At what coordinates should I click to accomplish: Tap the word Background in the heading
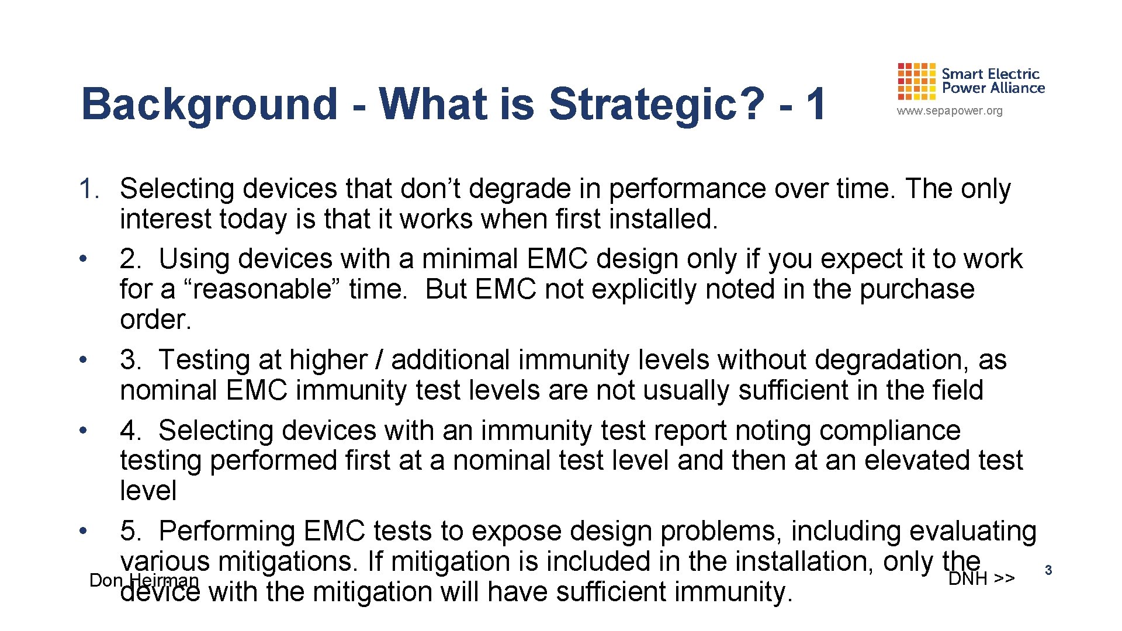click(x=209, y=104)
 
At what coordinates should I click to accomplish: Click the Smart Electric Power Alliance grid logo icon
click(x=916, y=81)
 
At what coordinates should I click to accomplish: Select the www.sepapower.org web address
click(x=950, y=111)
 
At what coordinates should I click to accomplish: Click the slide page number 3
click(x=1048, y=570)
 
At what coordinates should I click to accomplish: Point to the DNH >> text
click(x=981, y=578)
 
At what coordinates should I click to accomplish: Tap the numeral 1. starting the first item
click(x=91, y=189)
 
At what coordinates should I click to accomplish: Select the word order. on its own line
click(x=155, y=320)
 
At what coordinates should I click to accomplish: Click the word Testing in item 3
click(x=203, y=360)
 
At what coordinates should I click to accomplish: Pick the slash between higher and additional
click(x=379, y=360)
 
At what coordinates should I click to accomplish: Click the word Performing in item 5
click(x=227, y=531)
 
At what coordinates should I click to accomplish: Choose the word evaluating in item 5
click(x=972, y=531)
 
